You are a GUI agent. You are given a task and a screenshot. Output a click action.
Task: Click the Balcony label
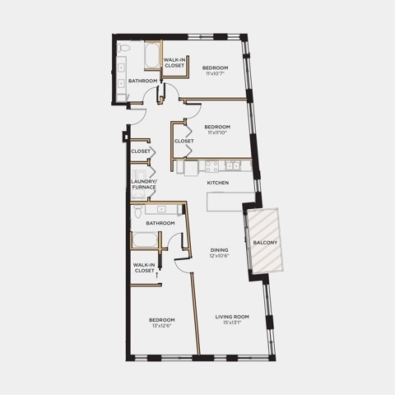265,243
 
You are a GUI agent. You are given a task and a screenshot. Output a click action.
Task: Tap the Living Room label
232,317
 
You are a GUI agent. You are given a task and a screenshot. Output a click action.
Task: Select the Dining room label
219,250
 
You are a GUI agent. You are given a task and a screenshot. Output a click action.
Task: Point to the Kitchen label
218,183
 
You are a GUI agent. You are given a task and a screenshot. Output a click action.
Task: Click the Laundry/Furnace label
144,184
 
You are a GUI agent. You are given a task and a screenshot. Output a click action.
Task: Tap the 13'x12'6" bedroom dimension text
162,326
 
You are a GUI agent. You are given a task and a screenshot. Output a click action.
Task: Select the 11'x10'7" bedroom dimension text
216,73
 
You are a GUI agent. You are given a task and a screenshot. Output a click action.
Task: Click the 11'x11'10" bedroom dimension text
217,132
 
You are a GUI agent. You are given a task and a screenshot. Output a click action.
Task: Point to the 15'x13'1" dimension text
232,323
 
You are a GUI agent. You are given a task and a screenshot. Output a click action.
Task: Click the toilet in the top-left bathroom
123,49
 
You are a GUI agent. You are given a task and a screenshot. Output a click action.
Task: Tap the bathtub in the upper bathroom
152,56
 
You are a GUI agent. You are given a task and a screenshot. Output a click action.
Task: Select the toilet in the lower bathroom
137,211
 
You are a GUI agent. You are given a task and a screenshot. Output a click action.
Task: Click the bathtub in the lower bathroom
145,240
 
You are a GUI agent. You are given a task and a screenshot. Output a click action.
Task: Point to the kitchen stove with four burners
212,166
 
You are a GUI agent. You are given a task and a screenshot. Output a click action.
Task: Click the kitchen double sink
233,165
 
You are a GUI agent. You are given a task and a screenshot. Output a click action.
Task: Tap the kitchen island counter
230,202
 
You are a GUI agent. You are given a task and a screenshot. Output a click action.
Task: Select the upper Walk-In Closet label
174,63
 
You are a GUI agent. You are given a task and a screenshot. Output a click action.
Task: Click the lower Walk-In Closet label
144,267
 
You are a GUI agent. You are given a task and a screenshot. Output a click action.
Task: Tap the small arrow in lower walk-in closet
157,275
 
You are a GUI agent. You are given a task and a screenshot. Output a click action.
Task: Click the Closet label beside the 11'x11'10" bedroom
184,141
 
